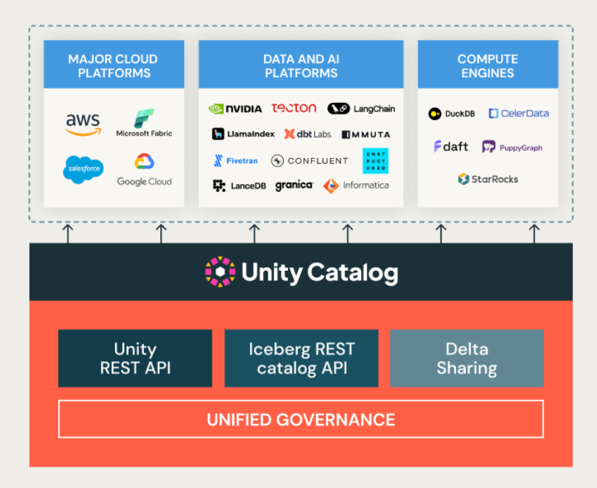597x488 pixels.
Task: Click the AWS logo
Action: point(83,124)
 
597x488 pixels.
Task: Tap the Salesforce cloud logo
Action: point(83,169)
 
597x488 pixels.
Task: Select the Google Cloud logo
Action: point(144,169)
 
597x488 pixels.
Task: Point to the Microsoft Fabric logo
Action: point(144,123)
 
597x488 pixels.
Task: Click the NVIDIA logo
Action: point(235,109)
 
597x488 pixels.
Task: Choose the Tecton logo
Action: point(294,108)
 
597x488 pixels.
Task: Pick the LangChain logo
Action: point(361,109)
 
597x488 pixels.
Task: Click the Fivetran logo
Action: point(236,161)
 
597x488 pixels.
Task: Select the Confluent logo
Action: point(309,161)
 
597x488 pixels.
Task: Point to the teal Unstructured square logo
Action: point(375,161)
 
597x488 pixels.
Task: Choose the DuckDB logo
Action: point(452,114)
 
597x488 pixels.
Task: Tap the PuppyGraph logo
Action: point(512,147)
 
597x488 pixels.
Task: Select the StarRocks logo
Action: point(488,179)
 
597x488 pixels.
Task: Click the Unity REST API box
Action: point(135,358)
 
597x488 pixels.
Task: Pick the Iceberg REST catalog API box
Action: point(301,358)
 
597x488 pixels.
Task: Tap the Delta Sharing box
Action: point(466,358)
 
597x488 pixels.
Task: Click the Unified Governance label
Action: point(301,420)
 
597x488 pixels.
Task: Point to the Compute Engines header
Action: point(488,66)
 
